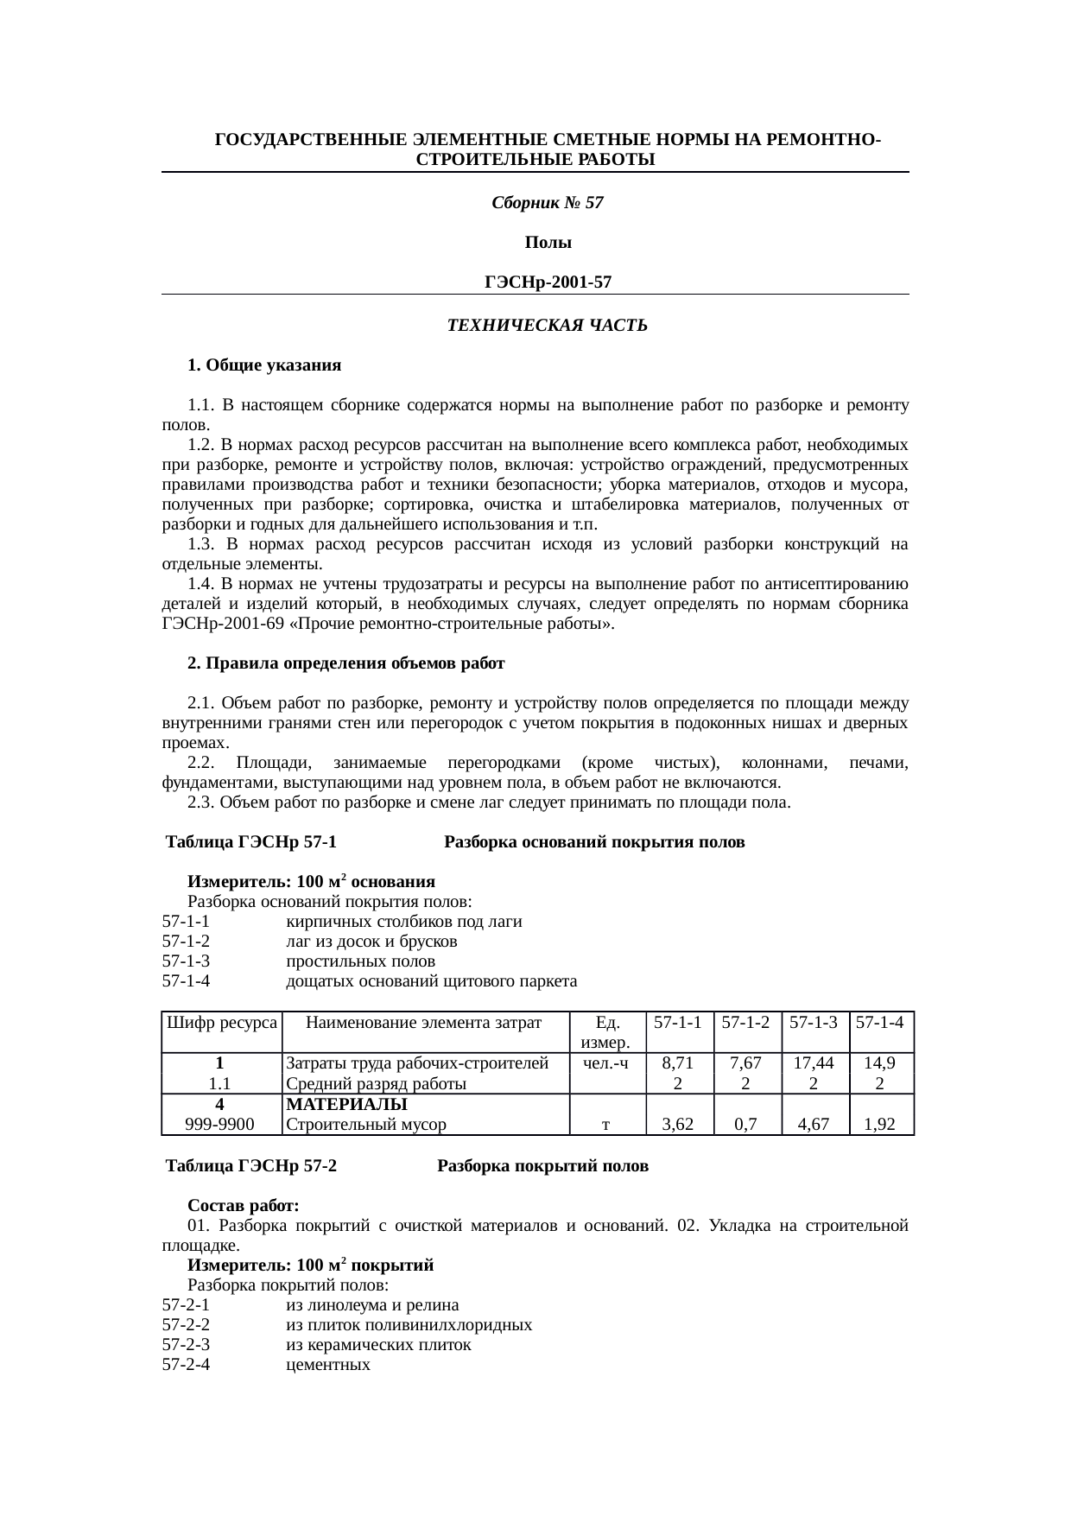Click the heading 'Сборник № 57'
(547, 204)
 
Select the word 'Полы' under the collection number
(548, 244)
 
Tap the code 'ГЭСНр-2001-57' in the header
(548, 282)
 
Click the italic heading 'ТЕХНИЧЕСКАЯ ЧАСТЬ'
(547, 326)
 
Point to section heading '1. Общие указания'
(264, 365)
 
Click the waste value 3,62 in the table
(679, 1125)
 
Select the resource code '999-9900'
(220, 1125)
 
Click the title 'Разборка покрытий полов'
(542, 1166)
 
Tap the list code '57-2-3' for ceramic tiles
(186, 1345)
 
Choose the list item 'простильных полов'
(360, 961)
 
